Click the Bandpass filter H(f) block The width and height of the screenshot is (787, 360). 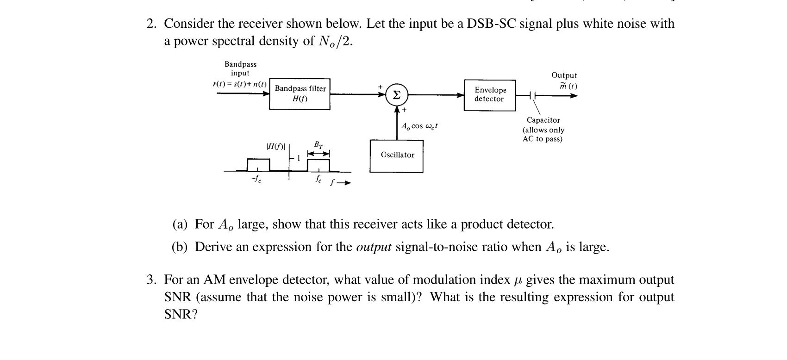click(300, 94)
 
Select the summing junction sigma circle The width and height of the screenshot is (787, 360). click(396, 95)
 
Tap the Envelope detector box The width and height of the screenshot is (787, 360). click(490, 95)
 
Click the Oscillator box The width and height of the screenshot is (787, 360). click(397, 155)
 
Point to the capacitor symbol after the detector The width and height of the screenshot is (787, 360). click(533, 96)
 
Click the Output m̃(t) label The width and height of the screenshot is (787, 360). click(564, 81)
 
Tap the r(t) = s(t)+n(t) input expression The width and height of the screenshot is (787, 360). click(240, 84)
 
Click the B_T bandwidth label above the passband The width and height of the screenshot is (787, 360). click(319, 145)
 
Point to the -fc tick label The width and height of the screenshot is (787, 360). click(256, 180)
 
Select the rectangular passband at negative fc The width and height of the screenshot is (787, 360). click(258, 165)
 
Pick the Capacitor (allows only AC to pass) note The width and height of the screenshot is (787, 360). click(543, 130)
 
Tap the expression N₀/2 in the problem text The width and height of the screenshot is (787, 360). click(336, 42)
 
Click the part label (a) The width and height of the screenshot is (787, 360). click(180, 224)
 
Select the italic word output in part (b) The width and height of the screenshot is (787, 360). click(374, 247)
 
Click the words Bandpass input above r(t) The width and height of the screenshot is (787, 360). click(240, 68)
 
